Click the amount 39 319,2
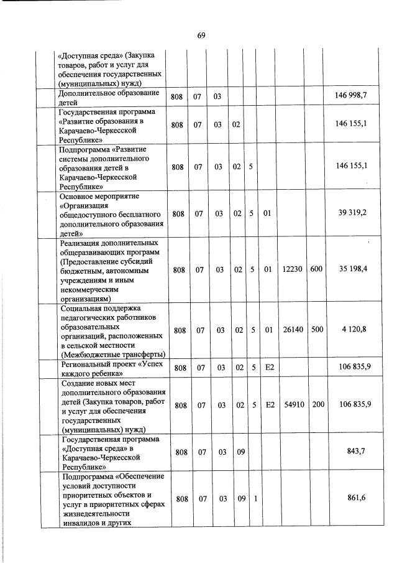coord(352,213)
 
